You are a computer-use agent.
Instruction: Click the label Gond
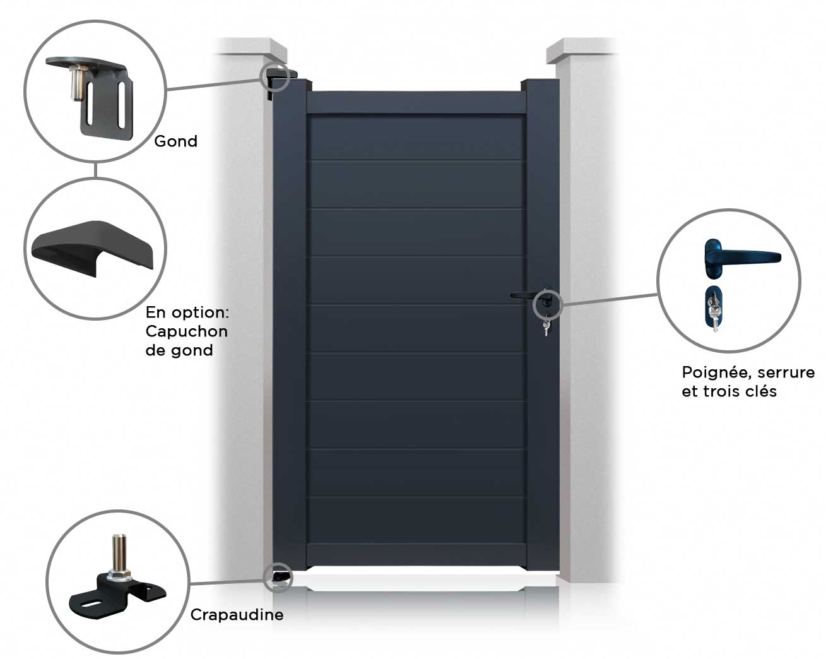(175, 141)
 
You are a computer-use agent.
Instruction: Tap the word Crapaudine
(237, 615)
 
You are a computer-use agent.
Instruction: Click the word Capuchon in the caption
(186, 331)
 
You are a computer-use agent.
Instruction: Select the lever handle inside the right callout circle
(738, 256)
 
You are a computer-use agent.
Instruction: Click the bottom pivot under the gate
(278, 577)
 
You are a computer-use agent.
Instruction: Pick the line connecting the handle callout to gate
(609, 299)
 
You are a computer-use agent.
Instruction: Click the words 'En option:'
(186, 312)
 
